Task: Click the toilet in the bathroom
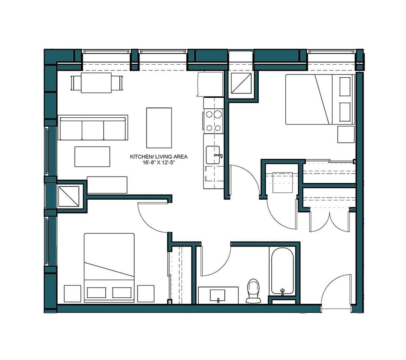pyautogui.click(x=253, y=290)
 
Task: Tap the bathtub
pyautogui.click(x=281, y=271)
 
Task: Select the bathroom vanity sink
pyautogui.click(x=219, y=295)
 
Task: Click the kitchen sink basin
pyautogui.click(x=213, y=154)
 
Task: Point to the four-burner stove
pyautogui.click(x=213, y=120)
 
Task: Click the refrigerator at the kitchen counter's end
pyautogui.click(x=210, y=84)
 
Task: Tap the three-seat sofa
pyautogui.click(x=93, y=128)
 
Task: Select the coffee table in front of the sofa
pyautogui.click(x=92, y=156)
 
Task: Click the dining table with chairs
pyautogui.click(x=96, y=82)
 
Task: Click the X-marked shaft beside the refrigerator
pyautogui.click(x=242, y=83)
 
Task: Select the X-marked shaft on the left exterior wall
pyautogui.click(x=68, y=197)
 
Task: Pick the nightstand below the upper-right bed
pyautogui.click(x=346, y=134)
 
